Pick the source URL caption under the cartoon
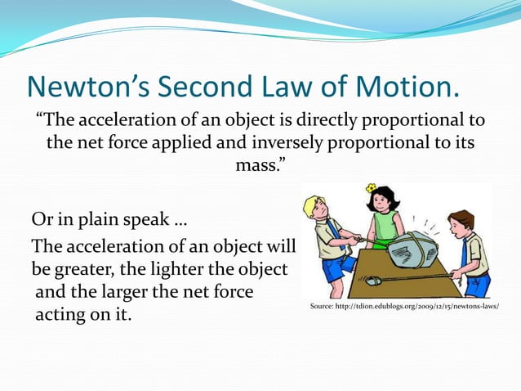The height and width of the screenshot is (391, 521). click(404, 305)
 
